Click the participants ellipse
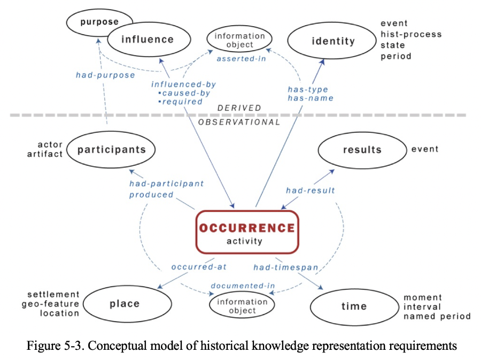111,149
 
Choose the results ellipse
362,149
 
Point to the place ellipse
124,304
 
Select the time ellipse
354,306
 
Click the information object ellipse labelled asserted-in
239,40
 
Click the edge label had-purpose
105,75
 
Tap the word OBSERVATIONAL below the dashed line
239,122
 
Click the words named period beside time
437,316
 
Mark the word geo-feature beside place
51,304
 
